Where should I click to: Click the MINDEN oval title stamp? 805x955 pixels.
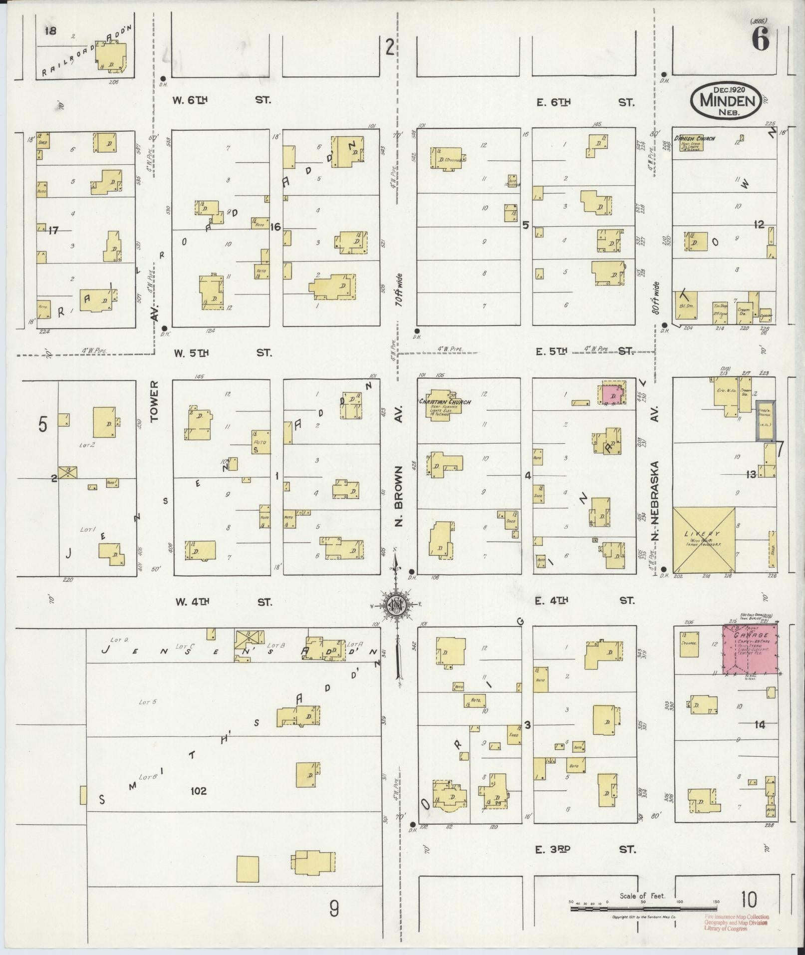726,100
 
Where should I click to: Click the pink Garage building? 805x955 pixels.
751,648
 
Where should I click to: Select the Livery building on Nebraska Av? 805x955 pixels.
704,540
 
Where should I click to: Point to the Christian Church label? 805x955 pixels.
445,402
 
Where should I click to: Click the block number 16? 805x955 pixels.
275,227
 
